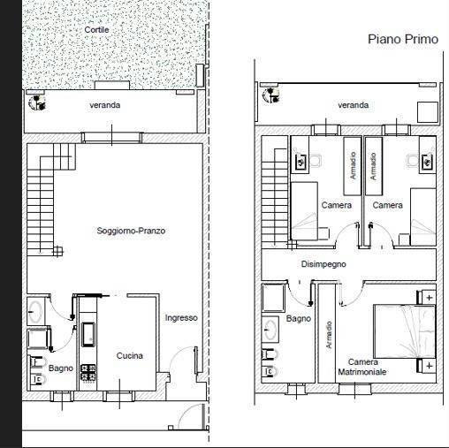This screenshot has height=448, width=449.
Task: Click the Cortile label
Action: (96, 30)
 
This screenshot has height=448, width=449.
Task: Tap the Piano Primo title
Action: (403, 39)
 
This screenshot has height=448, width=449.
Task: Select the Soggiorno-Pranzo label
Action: (131, 231)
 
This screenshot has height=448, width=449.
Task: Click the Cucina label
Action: (130, 356)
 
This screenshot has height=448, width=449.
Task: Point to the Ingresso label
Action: (181, 318)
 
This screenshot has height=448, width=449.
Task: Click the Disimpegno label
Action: (323, 264)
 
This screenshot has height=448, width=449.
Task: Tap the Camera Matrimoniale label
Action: (362, 367)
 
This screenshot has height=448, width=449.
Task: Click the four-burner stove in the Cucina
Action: (88, 372)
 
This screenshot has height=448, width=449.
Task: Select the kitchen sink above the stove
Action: (88, 334)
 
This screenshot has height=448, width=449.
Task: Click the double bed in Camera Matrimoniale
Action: (404, 331)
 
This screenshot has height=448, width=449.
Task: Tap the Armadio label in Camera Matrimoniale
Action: (329, 335)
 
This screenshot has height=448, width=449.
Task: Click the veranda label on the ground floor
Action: (105, 105)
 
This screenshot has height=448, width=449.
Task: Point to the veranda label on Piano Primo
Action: (353, 105)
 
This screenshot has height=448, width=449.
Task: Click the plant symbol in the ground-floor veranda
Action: (37, 103)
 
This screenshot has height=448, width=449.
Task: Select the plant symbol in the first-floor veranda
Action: (271, 95)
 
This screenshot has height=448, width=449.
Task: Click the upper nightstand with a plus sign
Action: (427, 297)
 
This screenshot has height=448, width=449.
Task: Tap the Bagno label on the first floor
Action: (299, 318)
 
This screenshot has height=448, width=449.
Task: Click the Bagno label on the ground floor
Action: (61, 368)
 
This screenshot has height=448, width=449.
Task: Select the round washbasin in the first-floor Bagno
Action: (270, 330)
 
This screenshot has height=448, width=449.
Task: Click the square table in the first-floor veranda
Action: (428, 112)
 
